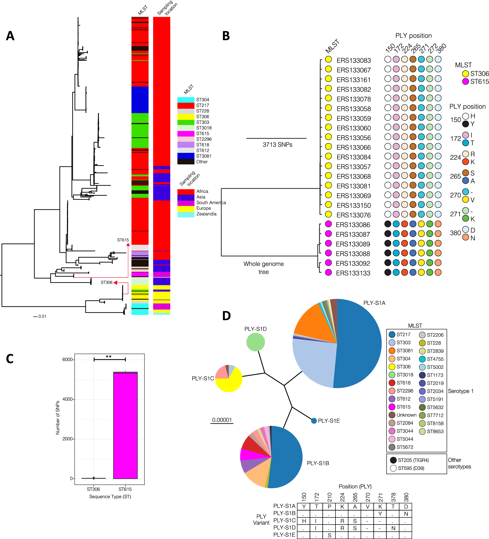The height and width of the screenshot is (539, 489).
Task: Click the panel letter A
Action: [x=10, y=36]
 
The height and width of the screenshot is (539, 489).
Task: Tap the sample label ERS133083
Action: [x=353, y=60]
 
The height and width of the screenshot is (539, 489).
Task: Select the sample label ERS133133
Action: [x=353, y=273]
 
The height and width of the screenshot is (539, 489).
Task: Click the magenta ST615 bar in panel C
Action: [x=125, y=425]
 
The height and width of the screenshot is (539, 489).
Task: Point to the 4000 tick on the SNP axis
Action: [x=68, y=399]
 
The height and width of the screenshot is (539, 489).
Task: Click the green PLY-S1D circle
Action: [x=255, y=342]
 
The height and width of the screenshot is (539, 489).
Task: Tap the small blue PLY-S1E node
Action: [x=314, y=421]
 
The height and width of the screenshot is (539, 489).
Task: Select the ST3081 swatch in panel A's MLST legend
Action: [x=186, y=156]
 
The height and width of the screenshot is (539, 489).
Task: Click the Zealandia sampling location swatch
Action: [x=186, y=214]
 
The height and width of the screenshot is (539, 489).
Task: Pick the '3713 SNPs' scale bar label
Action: [x=277, y=145]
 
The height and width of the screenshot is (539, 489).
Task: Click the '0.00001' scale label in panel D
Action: [x=222, y=420]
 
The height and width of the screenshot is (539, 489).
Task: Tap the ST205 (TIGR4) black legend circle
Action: [x=393, y=460]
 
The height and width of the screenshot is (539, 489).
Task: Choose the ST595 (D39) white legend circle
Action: [x=393, y=468]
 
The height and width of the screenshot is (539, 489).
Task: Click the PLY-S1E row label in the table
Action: [x=284, y=535]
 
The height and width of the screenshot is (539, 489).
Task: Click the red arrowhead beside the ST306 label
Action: [x=115, y=283]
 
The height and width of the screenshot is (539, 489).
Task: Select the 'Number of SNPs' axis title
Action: [x=58, y=417]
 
